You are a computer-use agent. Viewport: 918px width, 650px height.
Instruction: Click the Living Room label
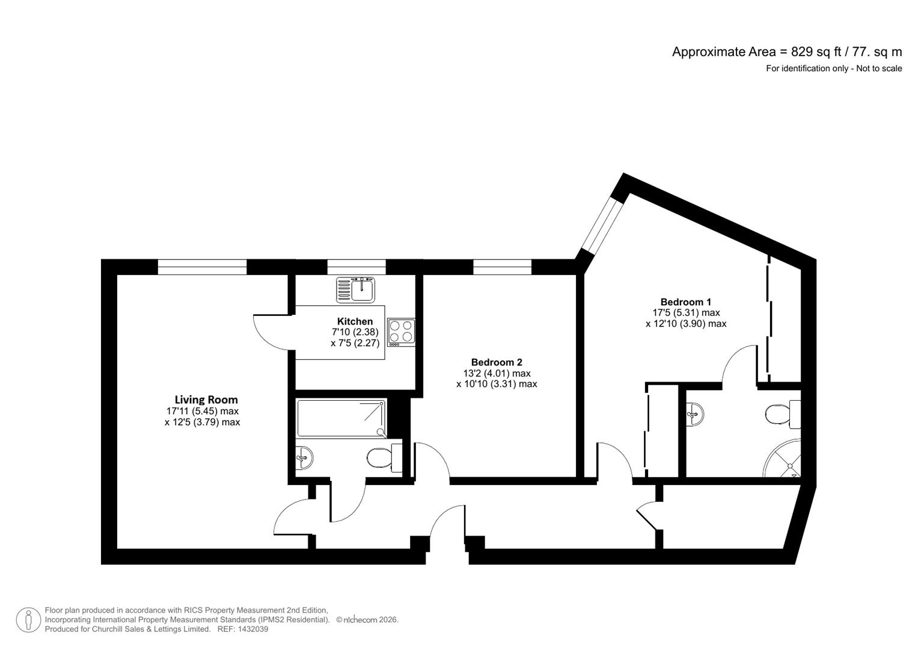pyautogui.click(x=206, y=400)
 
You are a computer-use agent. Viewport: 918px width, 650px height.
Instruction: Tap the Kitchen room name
pyautogui.click(x=355, y=321)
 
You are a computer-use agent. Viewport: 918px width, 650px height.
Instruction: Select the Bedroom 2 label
pyautogui.click(x=496, y=362)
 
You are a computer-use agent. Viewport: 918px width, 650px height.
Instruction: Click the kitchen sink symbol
pyautogui.click(x=355, y=289)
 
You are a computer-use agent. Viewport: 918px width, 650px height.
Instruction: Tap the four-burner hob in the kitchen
pyautogui.click(x=401, y=332)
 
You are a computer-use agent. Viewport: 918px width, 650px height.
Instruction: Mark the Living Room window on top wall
pyautogui.click(x=202, y=267)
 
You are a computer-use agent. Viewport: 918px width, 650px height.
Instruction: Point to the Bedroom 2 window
pyautogui.click(x=502, y=267)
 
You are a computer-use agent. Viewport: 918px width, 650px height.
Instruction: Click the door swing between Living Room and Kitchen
pyautogui.click(x=272, y=332)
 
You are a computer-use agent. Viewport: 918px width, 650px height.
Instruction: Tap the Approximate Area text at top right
pyautogui.click(x=786, y=52)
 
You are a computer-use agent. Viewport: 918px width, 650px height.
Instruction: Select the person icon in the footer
pyautogui.click(x=28, y=620)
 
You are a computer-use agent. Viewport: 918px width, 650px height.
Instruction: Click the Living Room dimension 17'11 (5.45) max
pyautogui.click(x=203, y=411)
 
